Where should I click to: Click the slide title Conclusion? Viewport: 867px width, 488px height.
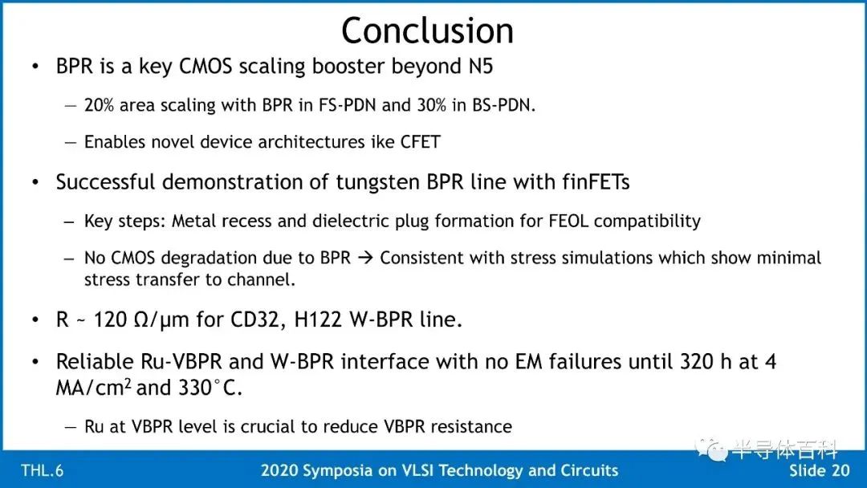(427, 31)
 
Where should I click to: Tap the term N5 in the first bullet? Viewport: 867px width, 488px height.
(481, 67)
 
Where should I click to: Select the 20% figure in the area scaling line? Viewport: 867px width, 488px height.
(99, 105)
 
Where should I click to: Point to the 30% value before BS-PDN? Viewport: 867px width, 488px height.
(431, 105)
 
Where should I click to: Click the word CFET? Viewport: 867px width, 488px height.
(420, 142)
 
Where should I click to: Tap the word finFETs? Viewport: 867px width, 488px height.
(596, 182)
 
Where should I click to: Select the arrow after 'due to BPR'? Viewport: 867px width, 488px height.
(365, 258)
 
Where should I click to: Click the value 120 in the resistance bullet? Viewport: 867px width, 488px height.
(110, 319)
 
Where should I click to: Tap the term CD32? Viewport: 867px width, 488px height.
(254, 319)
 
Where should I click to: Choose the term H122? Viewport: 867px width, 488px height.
(318, 319)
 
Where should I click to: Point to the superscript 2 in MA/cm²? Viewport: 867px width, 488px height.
(127, 382)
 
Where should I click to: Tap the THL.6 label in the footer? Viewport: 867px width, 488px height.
(42, 471)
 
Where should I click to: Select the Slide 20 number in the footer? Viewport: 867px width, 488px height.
(820, 470)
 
